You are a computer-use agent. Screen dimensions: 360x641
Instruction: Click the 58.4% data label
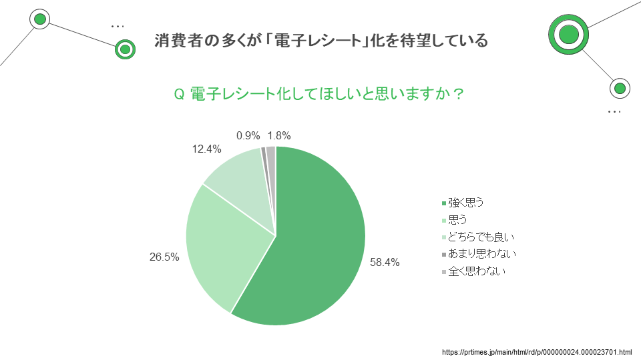pyautogui.click(x=385, y=263)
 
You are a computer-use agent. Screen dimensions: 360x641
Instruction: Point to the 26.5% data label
pyautogui.click(x=164, y=257)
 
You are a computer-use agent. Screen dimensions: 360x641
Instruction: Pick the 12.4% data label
pyautogui.click(x=206, y=149)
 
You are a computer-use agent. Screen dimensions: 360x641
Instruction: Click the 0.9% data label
pyautogui.click(x=248, y=135)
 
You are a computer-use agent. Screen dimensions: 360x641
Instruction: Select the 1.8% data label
pyautogui.click(x=278, y=135)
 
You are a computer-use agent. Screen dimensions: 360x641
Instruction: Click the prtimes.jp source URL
pyautogui.click(x=537, y=351)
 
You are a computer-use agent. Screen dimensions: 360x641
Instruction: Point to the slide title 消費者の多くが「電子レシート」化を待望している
pyautogui.click(x=320, y=41)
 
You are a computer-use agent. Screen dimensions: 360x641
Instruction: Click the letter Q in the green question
pyautogui.click(x=178, y=95)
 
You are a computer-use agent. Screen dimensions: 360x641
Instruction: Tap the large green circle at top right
pyautogui.click(x=568, y=33)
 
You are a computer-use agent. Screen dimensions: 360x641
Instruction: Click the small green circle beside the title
pyautogui.click(x=124, y=49)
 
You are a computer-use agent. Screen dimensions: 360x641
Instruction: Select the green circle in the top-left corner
pyautogui.click(x=40, y=19)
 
